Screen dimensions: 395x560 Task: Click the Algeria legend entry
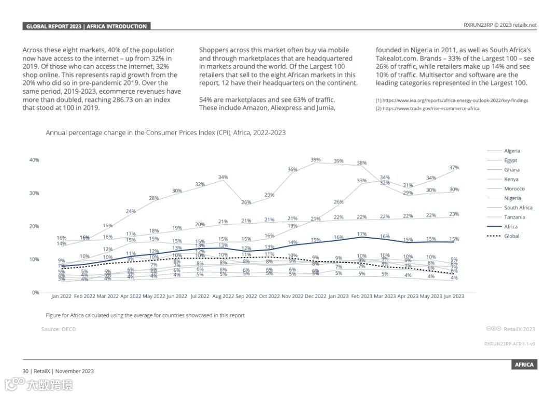(x=512, y=151)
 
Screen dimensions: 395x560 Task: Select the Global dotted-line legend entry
(x=511, y=236)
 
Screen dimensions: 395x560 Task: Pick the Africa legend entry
(x=511, y=227)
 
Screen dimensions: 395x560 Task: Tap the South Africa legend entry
(x=518, y=208)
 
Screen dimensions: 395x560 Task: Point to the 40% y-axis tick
(x=34, y=160)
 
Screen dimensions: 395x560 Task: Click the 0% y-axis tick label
(x=36, y=292)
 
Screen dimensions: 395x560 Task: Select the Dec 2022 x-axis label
(x=315, y=297)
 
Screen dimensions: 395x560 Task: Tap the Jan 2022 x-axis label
(x=62, y=297)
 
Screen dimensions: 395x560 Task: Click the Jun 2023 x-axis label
(x=454, y=297)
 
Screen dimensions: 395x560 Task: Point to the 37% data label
(x=454, y=168)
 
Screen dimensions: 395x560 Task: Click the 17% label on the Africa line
(x=362, y=234)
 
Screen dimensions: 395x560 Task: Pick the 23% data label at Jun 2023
(x=454, y=214)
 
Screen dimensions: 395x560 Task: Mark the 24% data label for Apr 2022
(x=131, y=211)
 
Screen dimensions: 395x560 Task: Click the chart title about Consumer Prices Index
(x=165, y=133)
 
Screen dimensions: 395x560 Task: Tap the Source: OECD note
(x=59, y=329)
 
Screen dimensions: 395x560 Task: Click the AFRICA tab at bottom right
(x=524, y=364)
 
